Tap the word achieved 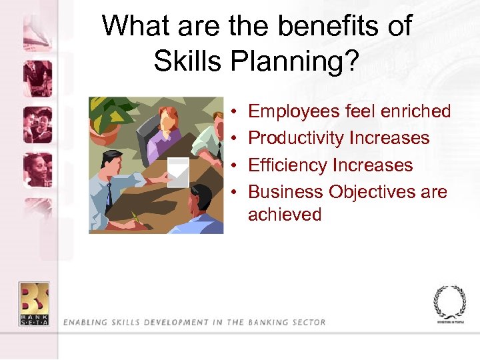[285, 215]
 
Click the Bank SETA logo [33, 304]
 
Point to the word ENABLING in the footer [86, 323]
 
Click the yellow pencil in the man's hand [137, 217]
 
